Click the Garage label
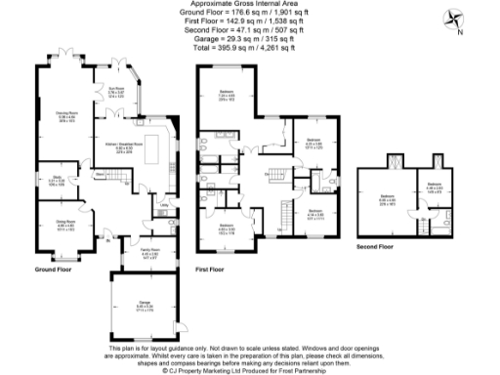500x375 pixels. pos(144,305)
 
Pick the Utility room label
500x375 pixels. pos(164,206)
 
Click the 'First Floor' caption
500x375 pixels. pos(211,268)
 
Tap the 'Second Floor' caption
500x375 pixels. pos(375,246)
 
